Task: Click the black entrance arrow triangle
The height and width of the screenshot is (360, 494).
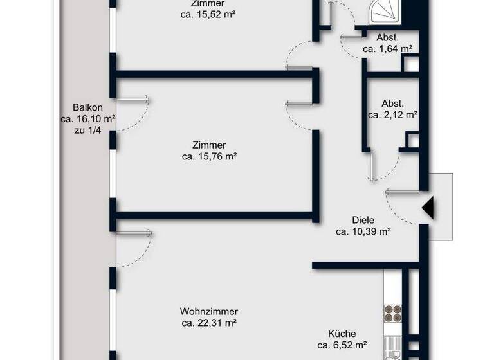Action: point(428,208)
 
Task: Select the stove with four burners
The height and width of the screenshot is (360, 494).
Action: point(392,313)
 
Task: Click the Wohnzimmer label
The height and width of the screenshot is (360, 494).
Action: point(209,311)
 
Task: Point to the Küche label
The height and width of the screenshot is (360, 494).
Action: point(342,334)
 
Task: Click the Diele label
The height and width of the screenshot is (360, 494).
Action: point(363,220)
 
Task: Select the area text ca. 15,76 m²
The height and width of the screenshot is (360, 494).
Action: point(210,156)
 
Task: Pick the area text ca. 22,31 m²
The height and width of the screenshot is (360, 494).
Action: point(209,323)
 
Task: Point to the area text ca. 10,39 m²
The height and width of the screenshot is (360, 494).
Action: point(363,231)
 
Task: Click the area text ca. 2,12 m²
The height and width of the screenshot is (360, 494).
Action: point(392,115)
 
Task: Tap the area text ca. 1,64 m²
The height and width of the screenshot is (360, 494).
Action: point(387,48)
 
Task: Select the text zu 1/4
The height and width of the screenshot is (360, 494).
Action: point(88,130)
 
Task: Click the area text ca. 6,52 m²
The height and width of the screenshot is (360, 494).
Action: point(342,345)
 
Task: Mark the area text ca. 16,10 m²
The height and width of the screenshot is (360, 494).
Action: point(88,119)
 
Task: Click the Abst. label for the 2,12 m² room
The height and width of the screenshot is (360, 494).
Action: point(392,104)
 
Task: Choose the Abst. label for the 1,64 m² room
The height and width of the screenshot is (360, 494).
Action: point(388,37)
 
